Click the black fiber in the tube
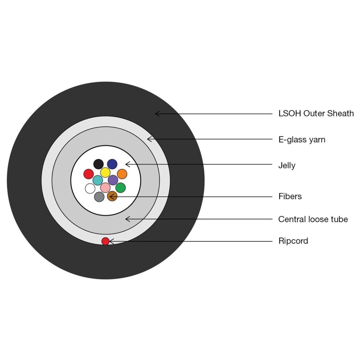[98, 164]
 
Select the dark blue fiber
[112, 164]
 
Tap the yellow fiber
[105, 172]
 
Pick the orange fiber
[122, 174]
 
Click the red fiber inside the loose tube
[89, 174]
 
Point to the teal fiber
[98, 180]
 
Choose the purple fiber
[113, 180]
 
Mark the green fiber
[121, 188]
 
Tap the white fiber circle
[90, 189]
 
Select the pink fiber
[105, 188]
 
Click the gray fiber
[99, 197]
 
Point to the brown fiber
[112, 196]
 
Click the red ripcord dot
[105, 241]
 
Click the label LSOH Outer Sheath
[316, 114]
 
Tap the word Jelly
[287, 166]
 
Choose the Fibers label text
[290, 196]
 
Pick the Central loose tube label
[313, 219]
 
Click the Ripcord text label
[293, 241]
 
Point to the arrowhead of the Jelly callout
[126, 164]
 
